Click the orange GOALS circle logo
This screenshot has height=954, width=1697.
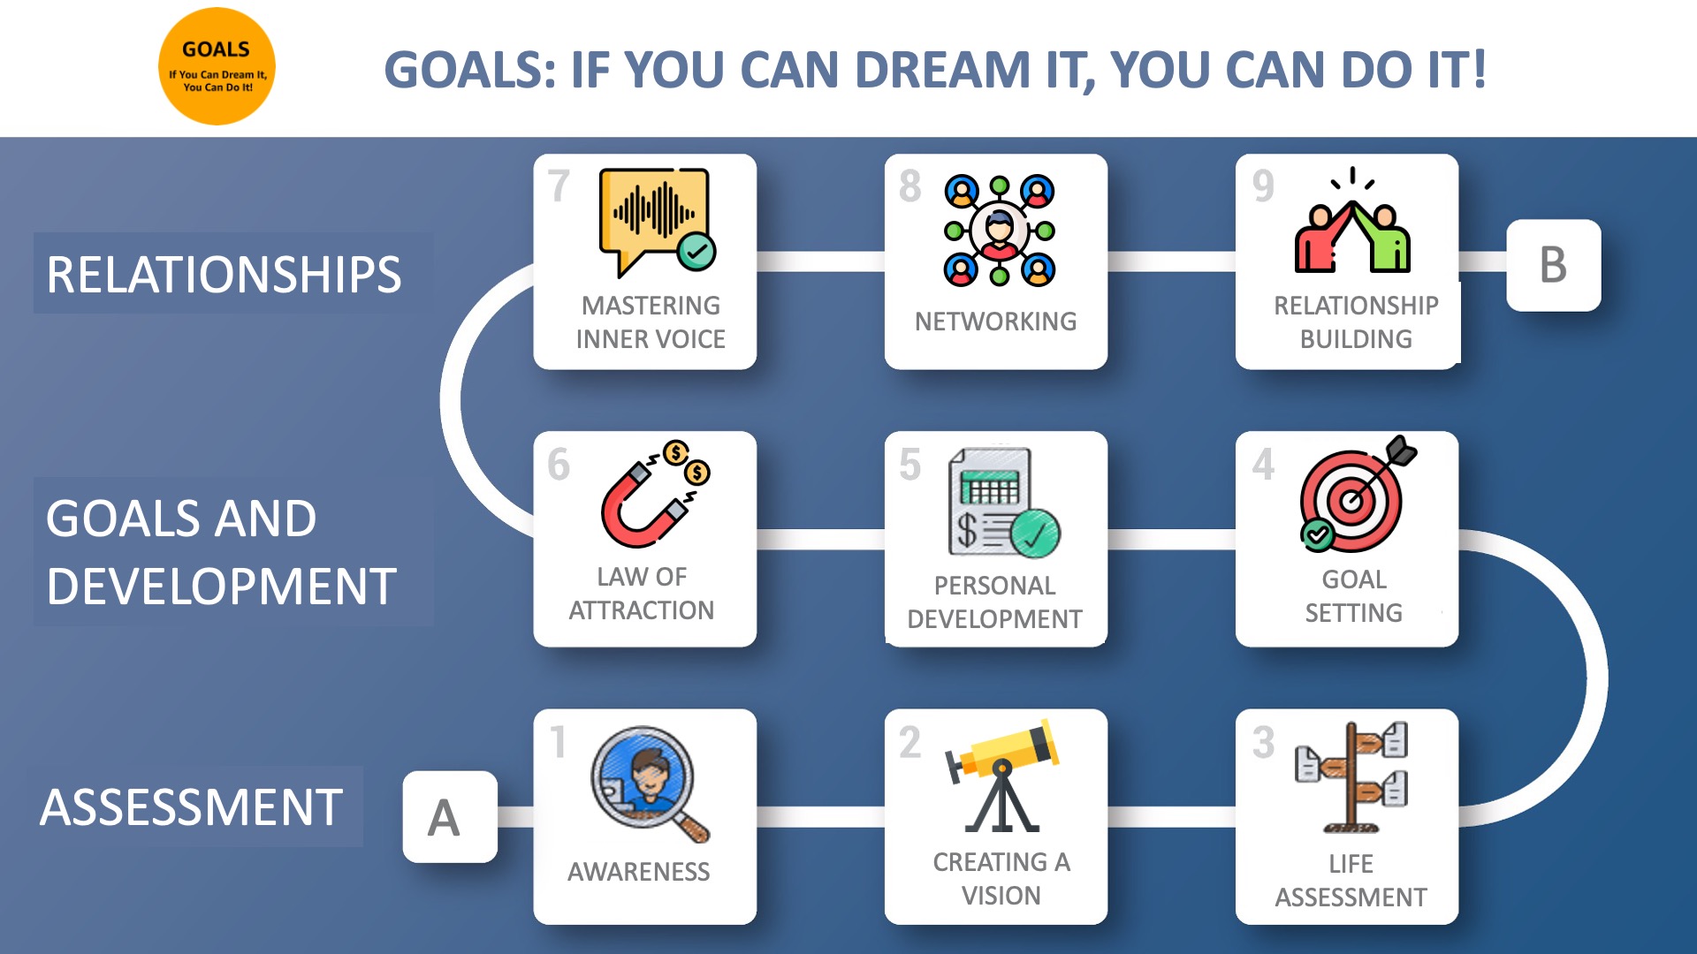pos(217,66)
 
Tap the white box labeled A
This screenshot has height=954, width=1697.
pos(450,817)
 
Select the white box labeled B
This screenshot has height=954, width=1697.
pos(1553,265)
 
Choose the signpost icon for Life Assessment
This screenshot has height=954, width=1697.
pos(1351,777)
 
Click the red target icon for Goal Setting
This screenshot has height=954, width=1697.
pos(1358,494)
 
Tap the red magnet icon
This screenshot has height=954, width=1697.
pos(655,494)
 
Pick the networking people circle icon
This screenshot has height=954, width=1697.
pos(1000,230)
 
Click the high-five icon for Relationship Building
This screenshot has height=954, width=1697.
pos(1352,220)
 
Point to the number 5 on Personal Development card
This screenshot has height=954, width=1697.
pos(909,465)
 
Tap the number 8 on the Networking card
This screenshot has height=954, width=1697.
pos(909,186)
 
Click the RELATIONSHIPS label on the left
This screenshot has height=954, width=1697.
pos(224,274)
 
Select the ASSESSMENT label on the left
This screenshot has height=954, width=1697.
pos(191,807)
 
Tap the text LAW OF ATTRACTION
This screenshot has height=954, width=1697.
pos(642,594)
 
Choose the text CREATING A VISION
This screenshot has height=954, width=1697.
pos(1001,879)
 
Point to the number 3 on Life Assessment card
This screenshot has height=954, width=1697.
pos(1263,743)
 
